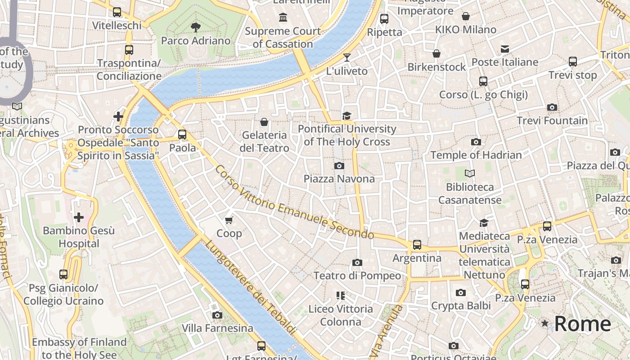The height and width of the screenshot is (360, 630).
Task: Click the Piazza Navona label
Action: [x=339, y=179]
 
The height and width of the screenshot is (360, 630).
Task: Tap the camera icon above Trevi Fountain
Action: [x=552, y=107]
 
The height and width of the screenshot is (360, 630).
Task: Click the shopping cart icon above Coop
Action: [x=229, y=220]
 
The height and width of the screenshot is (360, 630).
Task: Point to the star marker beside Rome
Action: [x=545, y=324]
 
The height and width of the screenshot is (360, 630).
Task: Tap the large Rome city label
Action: [x=582, y=324]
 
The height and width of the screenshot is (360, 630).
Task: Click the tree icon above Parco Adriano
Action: [x=195, y=27]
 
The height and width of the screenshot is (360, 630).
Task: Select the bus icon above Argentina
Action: [x=417, y=245]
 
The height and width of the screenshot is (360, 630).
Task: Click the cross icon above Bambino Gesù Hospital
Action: [x=79, y=218]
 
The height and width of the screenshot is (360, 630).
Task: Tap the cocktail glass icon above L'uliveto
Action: [x=346, y=57]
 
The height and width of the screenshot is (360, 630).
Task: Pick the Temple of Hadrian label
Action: [x=476, y=155]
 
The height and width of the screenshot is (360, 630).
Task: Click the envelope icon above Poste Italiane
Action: [x=505, y=49]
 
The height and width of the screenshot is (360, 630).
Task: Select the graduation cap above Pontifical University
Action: [x=346, y=116]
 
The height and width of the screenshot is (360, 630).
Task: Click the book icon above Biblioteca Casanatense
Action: [x=470, y=173]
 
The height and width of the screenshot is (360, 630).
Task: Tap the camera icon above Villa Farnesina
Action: [x=217, y=315]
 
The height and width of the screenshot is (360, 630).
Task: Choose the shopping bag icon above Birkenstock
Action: [x=436, y=54]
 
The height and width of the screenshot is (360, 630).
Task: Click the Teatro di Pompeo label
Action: [x=357, y=275]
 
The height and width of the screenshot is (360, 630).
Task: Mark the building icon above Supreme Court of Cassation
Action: [x=283, y=18]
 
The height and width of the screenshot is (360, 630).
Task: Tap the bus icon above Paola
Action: [x=182, y=135]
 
